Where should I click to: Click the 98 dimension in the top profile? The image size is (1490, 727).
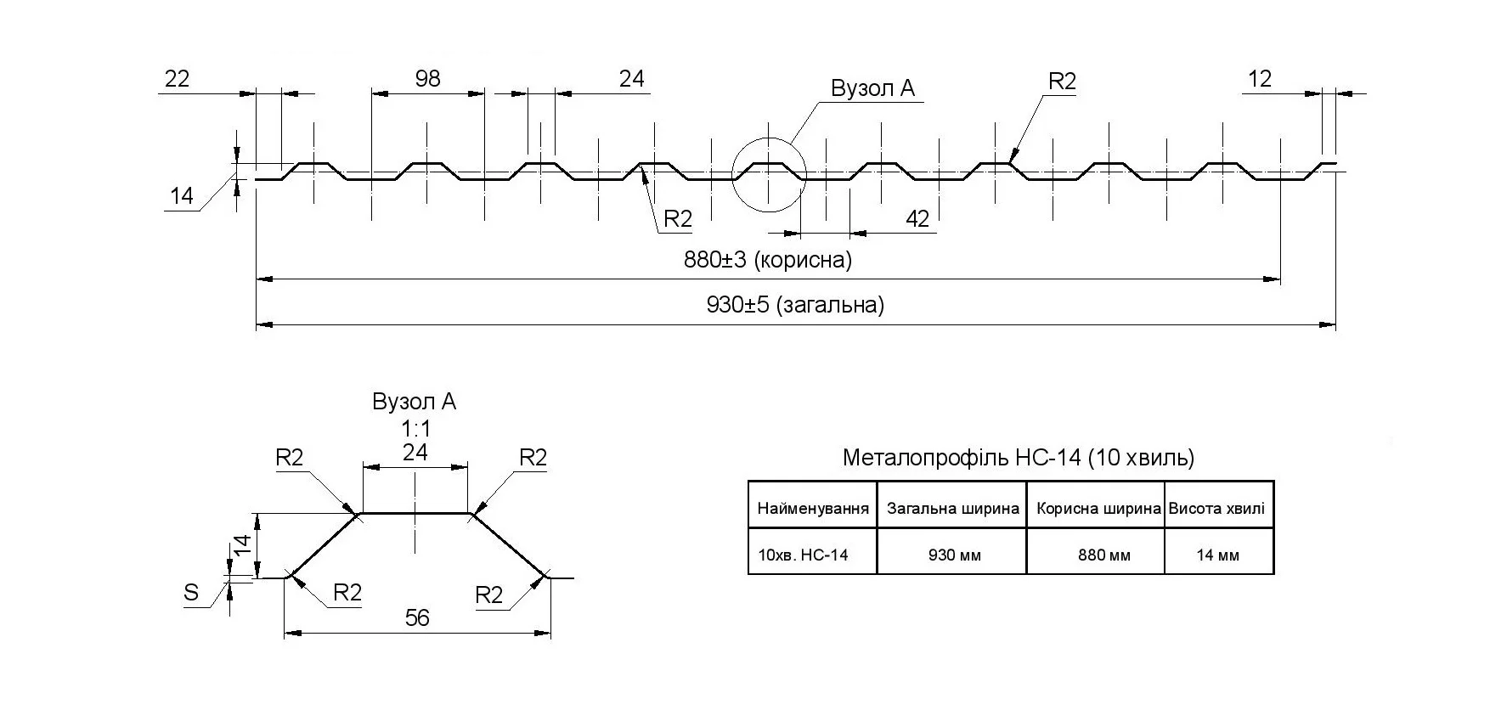click(x=427, y=79)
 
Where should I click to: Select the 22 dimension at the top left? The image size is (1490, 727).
click(x=177, y=79)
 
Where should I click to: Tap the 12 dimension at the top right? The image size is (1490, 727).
click(x=1260, y=79)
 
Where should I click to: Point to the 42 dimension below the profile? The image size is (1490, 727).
click(x=917, y=219)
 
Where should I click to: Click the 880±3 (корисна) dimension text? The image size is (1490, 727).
click(x=767, y=260)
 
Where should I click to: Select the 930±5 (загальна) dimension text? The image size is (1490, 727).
click(x=795, y=305)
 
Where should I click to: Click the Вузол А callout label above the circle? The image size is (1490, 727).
click(x=872, y=89)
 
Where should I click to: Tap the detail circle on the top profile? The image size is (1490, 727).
click(x=768, y=174)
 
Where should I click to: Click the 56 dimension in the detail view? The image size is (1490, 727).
click(x=417, y=618)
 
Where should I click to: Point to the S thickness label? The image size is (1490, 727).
click(x=191, y=593)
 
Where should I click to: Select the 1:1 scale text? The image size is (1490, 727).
click(x=415, y=429)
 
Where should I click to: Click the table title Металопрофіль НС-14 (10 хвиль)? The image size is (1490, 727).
click(x=1018, y=458)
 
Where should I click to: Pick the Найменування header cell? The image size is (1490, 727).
click(x=813, y=509)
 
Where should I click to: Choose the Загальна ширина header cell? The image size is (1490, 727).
click(x=952, y=509)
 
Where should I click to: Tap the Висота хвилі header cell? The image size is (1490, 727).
click(x=1216, y=509)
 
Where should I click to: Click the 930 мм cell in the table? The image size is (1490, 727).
click(x=954, y=555)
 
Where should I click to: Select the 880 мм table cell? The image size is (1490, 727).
click(x=1103, y=555)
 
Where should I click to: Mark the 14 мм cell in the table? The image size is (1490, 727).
click(x=1217, y=555)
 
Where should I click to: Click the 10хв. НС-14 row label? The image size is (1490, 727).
click(x=803, y=555)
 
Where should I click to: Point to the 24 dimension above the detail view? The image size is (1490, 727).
click(x=415, y=453)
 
